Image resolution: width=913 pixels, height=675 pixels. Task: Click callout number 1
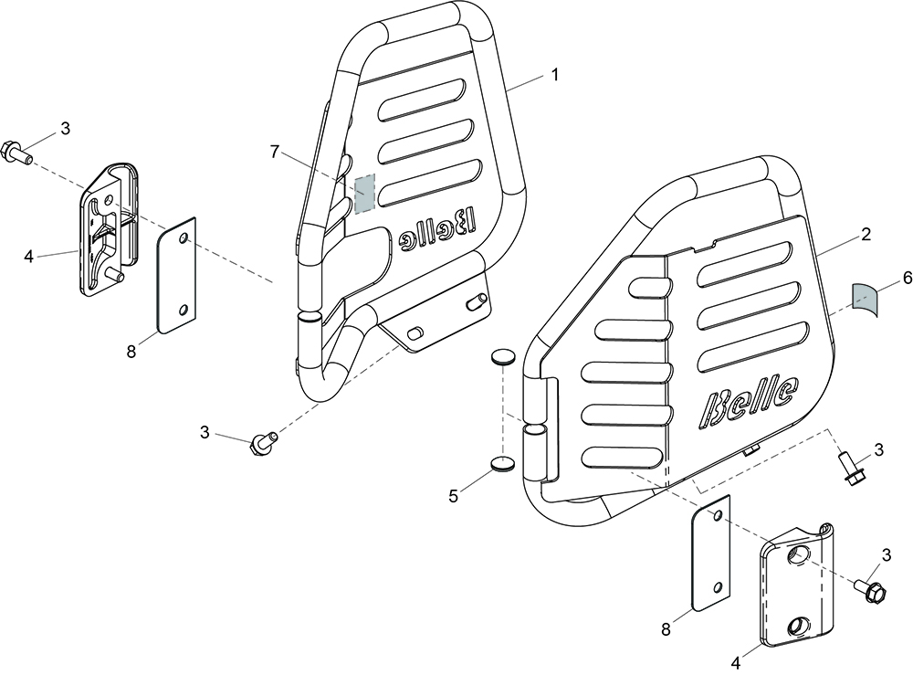coord(555,75)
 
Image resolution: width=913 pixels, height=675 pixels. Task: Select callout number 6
coord(908,279)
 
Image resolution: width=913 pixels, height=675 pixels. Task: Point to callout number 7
coord(275,152)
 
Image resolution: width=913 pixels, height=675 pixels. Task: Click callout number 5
coord(454,496)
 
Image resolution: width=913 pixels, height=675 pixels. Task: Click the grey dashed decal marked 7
coord(365,192)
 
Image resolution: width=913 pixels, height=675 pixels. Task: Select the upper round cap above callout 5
coord(503,357)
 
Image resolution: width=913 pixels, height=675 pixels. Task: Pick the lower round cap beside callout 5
coord(503,464)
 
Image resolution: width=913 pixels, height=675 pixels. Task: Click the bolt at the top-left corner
coord(17,153)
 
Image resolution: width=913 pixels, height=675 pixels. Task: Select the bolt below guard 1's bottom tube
coord(263,443)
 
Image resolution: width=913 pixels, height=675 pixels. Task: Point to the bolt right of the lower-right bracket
coord(869,589)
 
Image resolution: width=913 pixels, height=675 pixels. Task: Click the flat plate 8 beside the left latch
coord(176,275)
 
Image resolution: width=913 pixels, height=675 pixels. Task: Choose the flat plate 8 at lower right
coord(710,553)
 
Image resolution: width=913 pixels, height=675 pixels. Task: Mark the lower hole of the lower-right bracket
coord(795,628)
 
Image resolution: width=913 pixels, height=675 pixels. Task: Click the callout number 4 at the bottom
coord(737,662)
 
